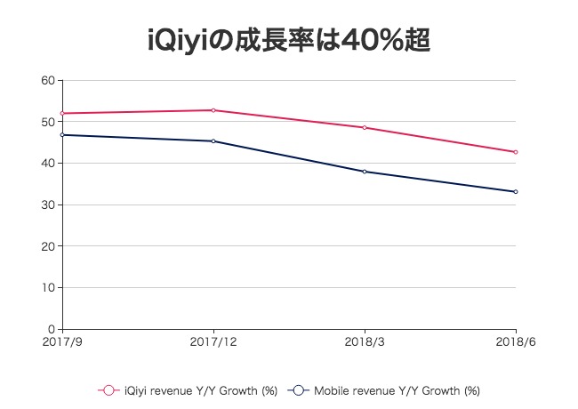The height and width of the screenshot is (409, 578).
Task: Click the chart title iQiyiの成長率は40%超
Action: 289,39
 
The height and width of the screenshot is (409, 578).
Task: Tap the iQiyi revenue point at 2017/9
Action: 62,114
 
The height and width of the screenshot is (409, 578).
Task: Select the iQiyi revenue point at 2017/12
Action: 213,110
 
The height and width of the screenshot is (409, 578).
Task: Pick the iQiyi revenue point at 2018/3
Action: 365,127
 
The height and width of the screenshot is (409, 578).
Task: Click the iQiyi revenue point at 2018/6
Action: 516,152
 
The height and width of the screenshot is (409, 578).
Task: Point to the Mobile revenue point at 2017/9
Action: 62,135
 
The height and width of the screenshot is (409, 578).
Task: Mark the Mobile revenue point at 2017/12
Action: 213,141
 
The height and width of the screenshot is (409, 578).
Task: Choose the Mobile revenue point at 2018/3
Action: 365,172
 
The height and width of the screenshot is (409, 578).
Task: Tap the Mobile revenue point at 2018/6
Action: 516,192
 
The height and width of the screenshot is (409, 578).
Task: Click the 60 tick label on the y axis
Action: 49,81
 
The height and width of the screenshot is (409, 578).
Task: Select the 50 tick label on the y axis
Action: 49,122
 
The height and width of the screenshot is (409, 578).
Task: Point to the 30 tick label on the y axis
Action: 49,205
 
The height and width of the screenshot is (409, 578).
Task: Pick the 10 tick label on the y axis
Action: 49,288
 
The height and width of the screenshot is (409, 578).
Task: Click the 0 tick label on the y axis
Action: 52,330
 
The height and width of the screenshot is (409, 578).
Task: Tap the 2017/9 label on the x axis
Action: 61,341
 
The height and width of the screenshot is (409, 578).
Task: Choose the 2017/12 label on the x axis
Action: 213,341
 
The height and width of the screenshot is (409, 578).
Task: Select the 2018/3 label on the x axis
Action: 365,341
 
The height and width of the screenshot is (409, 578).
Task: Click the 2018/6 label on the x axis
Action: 516,341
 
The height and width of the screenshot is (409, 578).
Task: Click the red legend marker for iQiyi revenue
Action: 109,389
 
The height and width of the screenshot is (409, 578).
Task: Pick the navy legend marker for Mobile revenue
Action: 299,389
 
